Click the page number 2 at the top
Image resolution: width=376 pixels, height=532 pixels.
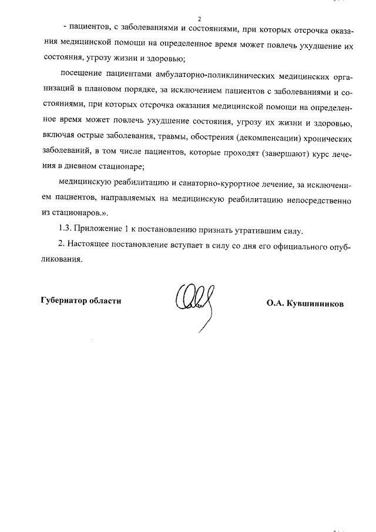199,19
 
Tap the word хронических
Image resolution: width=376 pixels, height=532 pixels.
326,139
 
